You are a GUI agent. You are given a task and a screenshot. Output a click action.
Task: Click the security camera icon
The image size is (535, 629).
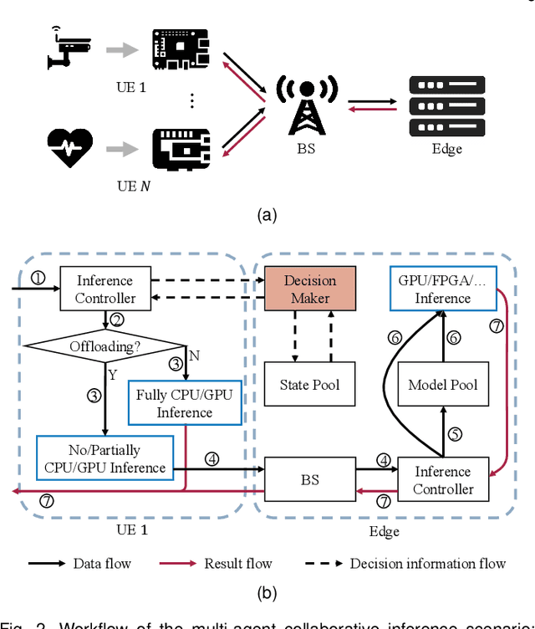(x=68, y=49)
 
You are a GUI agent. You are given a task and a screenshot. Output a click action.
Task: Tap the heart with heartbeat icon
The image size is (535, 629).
(x=68, y=149)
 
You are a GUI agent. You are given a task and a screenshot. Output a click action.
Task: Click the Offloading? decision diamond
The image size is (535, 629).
(x=105, y=344)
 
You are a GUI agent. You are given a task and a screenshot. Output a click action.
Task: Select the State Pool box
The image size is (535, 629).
(x=310, y=386)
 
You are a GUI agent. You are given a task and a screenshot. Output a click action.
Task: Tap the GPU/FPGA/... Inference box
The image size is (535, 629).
(x=442, y=289)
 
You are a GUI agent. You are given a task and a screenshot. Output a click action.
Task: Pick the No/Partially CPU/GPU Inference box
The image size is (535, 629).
(x=104, y=458)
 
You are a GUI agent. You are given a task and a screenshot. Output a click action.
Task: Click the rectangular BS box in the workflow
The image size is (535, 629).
(x=310, y=481)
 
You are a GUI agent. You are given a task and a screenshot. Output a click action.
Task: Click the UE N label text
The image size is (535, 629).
(x=133, y=186)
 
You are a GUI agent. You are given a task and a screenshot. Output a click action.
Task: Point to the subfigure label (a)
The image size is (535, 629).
(x=267, y=215)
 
